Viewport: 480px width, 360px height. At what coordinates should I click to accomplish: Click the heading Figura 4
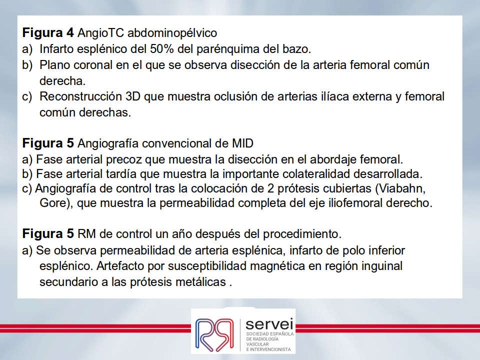coord(48,32)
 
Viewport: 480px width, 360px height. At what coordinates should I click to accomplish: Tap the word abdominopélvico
coord(172,33)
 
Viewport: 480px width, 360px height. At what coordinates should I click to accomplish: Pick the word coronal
coord(93,65)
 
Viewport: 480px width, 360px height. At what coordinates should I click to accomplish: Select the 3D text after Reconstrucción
coord(133,96)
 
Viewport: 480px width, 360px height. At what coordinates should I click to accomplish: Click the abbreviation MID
coord(241,143)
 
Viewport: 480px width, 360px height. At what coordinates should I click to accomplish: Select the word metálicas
coord(201,281)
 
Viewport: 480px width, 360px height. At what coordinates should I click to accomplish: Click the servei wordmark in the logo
coord(269,324)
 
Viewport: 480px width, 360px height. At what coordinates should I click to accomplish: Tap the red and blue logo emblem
coord(214,334)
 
